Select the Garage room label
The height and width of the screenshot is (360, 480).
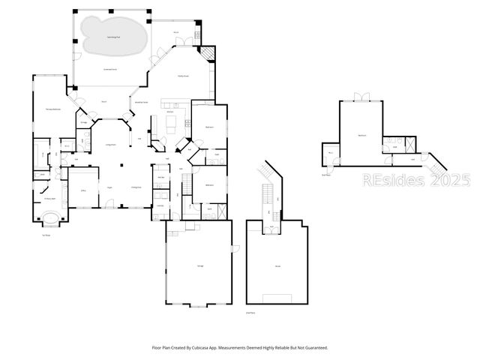pyautogui.click(x=200, y=267)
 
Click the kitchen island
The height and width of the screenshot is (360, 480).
pyautogui.click(x=170, y=121)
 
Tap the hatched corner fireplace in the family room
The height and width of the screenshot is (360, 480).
pyautogui.click(x=206, y=55)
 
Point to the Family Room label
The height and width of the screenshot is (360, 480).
pyautogui.click(x=182, y=76)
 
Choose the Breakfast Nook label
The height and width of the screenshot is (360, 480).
pyautogui.click(x=140, y=102)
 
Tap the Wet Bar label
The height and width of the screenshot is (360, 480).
pyautogui.click(x=160, y=177)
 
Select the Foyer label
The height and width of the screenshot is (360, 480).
pyautogui.click(x=109, y=187)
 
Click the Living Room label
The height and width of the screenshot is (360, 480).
pyautogui.click(x=109, y=144)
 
